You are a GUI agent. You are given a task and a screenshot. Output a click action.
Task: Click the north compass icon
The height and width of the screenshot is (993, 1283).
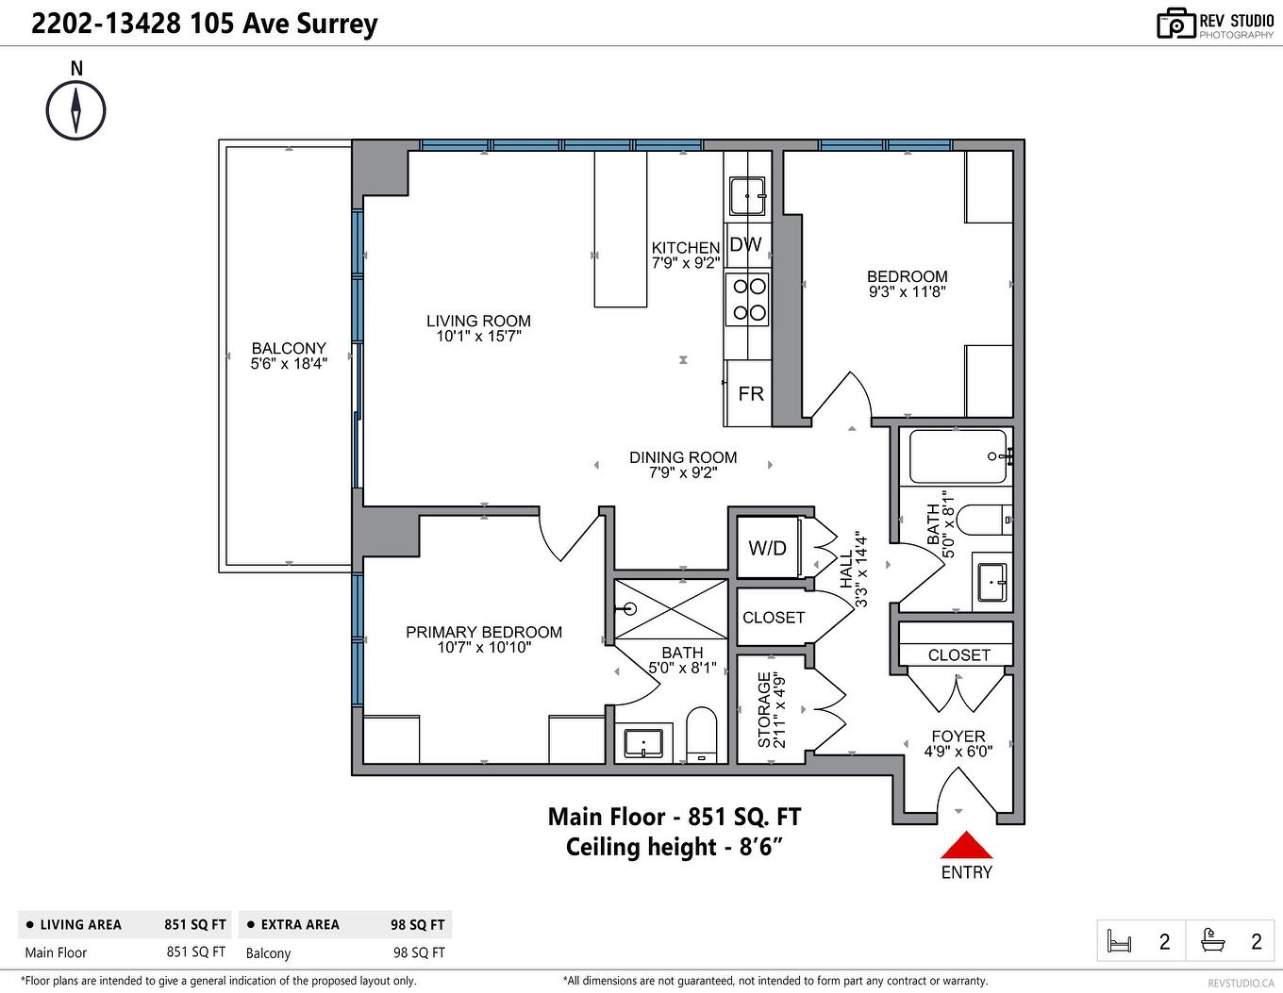click(75, 110)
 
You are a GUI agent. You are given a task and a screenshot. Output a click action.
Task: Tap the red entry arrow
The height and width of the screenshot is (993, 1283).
click(966, 845)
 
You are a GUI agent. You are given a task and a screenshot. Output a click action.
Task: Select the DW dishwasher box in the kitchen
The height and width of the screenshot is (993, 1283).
click(746, 245)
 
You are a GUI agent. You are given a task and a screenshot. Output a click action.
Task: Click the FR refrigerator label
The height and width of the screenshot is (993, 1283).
click(751, 393)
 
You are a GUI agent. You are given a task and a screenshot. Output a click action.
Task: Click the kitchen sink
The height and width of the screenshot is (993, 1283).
click(748, 195)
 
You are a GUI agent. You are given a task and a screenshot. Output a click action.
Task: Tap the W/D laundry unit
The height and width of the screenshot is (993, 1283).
click(767, 548)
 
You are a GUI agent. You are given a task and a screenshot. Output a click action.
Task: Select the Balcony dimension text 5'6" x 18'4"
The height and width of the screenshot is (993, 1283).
click(289, 364)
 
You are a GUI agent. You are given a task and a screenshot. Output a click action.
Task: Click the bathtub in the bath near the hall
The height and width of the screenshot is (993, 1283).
click(958, 456)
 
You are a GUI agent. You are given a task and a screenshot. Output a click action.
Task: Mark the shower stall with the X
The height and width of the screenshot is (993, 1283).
click(671, 609)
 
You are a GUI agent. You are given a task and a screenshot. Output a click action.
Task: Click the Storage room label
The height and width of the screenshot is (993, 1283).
click(771, 709)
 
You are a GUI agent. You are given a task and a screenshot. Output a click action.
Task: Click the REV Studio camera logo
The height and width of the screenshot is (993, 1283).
click(1175, 24)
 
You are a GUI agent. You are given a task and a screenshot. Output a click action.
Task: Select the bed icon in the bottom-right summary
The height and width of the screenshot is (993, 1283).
click(1119, 941)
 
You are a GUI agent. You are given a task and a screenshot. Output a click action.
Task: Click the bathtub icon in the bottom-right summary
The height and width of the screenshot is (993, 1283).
click(1212, 940)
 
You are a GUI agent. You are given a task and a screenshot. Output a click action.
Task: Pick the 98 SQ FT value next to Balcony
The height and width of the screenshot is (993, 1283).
click(419, 952)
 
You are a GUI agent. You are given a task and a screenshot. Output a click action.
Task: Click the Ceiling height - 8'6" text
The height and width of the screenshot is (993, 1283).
click(675, 847)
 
